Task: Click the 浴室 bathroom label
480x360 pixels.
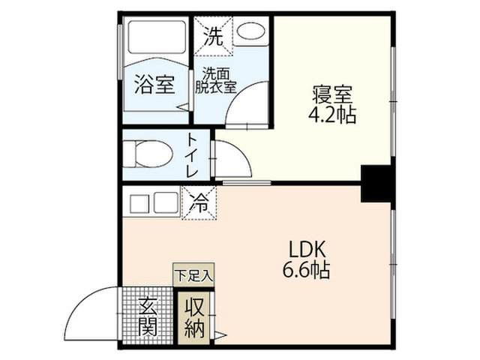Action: click(x=154, y=85)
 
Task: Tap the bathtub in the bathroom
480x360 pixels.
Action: click(x=157, y=37)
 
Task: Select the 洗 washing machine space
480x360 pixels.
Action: click(x=213, y=36)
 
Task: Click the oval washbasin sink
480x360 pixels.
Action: click(x=250, y=31)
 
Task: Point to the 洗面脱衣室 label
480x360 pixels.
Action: click(x=216, y=80)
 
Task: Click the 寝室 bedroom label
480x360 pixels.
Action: click(x=332, y=94)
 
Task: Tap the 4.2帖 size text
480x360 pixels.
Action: click(x=332, y=115)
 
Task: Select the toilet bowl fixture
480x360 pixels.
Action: click(x=148, y=154)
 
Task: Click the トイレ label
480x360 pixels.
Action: click(x=193, y=155)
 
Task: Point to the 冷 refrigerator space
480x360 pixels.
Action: click(x=199, y=203)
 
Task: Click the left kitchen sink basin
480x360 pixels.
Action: click(x=139, y=203)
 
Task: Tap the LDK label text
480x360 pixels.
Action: click(x=307, y=250)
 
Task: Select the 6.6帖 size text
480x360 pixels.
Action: click(x=306, y=270)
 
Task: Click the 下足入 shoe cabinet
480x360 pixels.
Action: click(x=193, y=274)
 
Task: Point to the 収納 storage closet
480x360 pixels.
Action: click(x=194, y=318)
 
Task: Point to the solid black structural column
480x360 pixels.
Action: click(x=376, y=183)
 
